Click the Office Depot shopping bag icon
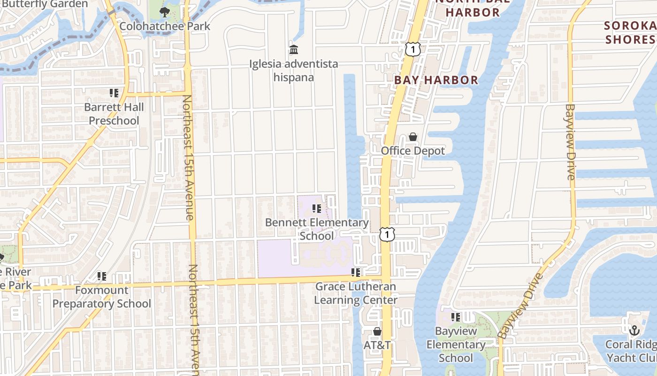[413, 137]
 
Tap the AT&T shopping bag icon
[377, 331]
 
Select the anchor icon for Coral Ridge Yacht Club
[634, 330]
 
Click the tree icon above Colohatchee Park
[164, 12]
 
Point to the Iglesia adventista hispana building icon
[294, 49]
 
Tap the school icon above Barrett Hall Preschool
[114, 93]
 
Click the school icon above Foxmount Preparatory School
[102, 276]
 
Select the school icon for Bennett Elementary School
[317, 208]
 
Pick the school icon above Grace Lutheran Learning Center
[356, 272]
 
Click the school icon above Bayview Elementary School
[455, 317]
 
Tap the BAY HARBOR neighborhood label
[436, 80]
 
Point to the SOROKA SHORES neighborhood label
[630, 32]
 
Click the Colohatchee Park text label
[165, 26]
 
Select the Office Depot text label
[413, 151]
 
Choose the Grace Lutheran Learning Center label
[356, 293]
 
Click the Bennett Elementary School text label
[317, 229]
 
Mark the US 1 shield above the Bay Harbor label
[412, 49]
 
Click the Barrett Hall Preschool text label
[114, 114]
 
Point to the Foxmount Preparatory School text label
[102, 297]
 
